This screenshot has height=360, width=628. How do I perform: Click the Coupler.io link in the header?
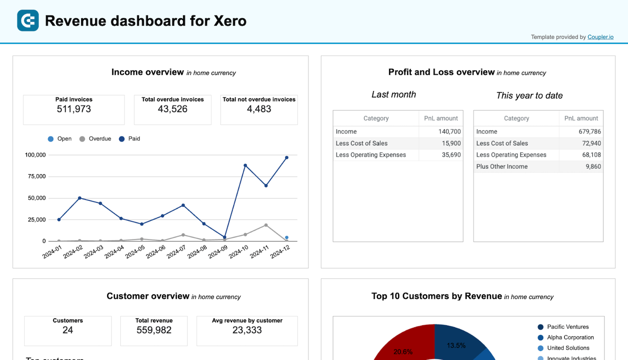pyautogui.click(x=600, y=37)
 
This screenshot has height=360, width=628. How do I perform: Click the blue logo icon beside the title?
pyautogui.click(x=28, y=21)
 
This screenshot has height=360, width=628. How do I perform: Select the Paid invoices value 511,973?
pyautogui.click(x=73, y=109)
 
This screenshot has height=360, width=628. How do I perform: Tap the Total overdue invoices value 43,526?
pyautogui.click(x=173, y=109)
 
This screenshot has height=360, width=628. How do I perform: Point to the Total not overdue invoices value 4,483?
pyautogui.click(x=259, y=109)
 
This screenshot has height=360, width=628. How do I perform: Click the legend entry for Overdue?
pyautogui.click(x=95, y=139)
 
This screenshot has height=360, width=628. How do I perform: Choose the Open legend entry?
pyautogui.click(x=59, y=139)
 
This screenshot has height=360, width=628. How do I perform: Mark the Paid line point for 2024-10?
pyautogui.click(x=245, y=166)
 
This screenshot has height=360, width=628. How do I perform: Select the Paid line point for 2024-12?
pyautogui.click(x=287, y=158)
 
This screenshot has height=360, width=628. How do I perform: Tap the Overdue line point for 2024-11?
pyautogui.click(x=266, y=225)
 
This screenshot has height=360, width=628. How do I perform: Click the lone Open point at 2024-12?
pyautogui.click(x=287, y=237)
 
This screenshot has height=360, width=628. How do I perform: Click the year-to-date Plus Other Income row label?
pyautogui.click(x=502, y=166)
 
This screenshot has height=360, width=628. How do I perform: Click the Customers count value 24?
pyautogui.click(x=68, y=331)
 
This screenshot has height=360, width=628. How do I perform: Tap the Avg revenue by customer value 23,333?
pyautogui.click(x=247, y=331)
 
